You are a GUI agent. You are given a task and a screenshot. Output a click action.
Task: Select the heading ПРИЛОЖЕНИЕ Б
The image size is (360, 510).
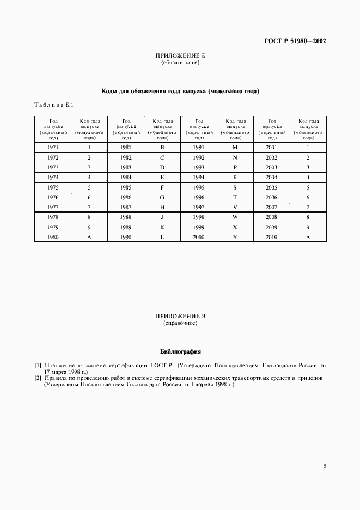click(x=180, y=56)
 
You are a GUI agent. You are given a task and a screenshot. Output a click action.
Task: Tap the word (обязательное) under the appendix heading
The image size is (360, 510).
click(x=180, y=63)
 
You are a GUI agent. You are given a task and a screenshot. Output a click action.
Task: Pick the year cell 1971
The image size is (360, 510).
click(x=53, y=147)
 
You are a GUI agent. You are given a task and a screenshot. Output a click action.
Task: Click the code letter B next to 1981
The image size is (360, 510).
click(x=162, y=147)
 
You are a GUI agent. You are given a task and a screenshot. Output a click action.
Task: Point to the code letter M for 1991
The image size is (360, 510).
click(x=235, y=147)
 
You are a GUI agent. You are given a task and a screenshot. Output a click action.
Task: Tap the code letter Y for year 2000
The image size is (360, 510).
click(x=235, y=238)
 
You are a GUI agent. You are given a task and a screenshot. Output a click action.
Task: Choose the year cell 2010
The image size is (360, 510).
click(x=272, y=238)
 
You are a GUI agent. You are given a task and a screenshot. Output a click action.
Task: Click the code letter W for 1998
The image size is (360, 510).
click(x=235, y=217)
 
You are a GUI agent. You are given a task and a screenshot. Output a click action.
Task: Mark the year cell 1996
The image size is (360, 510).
click(x=199, y=197)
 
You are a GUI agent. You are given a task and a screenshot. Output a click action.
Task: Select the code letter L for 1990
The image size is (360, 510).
click(x=162, y=238)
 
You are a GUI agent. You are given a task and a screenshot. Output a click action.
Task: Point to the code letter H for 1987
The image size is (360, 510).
click(x=162, y=208)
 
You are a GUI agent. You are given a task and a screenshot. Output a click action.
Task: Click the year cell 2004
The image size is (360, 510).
click(x=272, y=177)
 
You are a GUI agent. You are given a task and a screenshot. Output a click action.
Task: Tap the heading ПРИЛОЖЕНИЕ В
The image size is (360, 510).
click(x=180, y=316)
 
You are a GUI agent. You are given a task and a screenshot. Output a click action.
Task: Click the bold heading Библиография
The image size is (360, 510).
click(x=180, y=351)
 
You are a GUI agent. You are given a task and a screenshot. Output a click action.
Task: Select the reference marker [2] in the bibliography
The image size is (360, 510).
click(x=38, y=377)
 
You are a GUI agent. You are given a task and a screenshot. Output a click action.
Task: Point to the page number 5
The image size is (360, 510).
click(x=325, y=466)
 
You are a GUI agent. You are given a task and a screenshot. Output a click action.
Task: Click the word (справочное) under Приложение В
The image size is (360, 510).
click(x=180, y=323)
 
